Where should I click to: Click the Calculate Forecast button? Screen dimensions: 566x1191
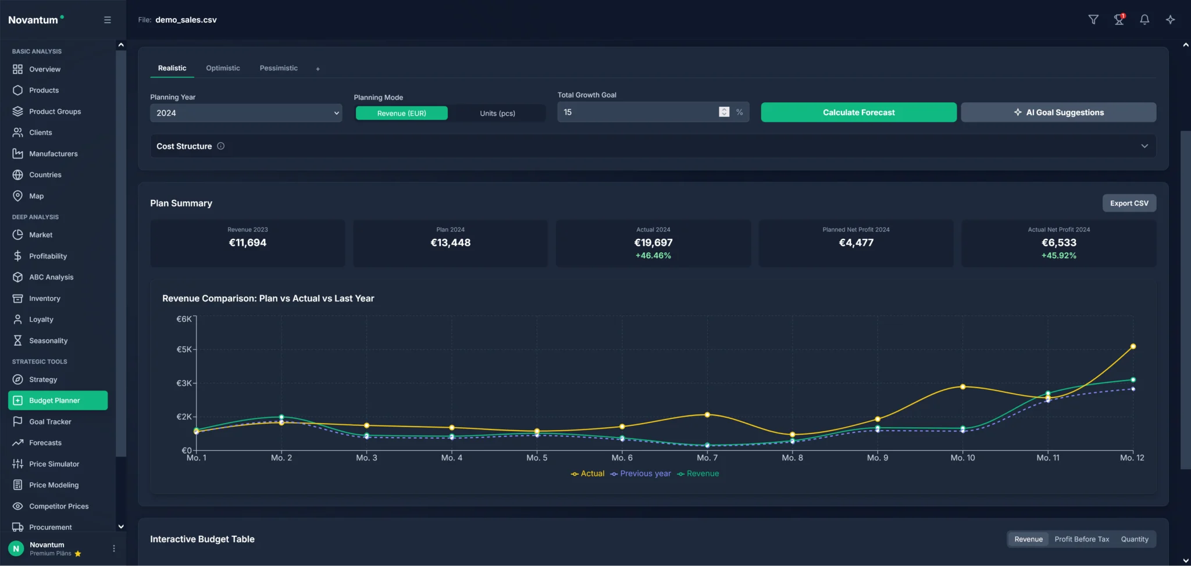[858, 112]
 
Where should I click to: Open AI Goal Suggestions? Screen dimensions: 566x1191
[1058, 112]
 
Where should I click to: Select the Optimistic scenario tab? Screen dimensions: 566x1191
[223, 68]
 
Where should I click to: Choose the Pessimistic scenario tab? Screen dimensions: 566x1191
[279, 68]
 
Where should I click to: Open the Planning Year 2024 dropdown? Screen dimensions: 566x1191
[245, 113]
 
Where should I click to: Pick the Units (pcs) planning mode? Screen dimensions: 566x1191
[497, 113]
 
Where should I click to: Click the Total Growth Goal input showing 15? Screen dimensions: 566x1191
[637, 112]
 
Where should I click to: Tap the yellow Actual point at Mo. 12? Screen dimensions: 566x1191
[1133, 346]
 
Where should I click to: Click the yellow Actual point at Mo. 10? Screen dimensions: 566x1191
[962, 386]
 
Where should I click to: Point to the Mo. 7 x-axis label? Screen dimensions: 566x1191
[707, 458]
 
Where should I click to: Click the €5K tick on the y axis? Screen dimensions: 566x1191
[184, 349]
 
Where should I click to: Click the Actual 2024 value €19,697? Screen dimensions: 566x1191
[653, 243]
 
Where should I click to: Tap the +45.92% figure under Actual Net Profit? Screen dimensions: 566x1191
[1058, 256]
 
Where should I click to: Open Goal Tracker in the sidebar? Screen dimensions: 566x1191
[50, 422]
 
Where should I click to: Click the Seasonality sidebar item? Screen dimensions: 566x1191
[48, 341]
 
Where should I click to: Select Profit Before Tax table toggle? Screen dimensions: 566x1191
[1082, 539]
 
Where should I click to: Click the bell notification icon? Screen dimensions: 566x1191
[1144, 20]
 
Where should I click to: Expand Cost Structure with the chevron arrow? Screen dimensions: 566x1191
[1144, 146]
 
